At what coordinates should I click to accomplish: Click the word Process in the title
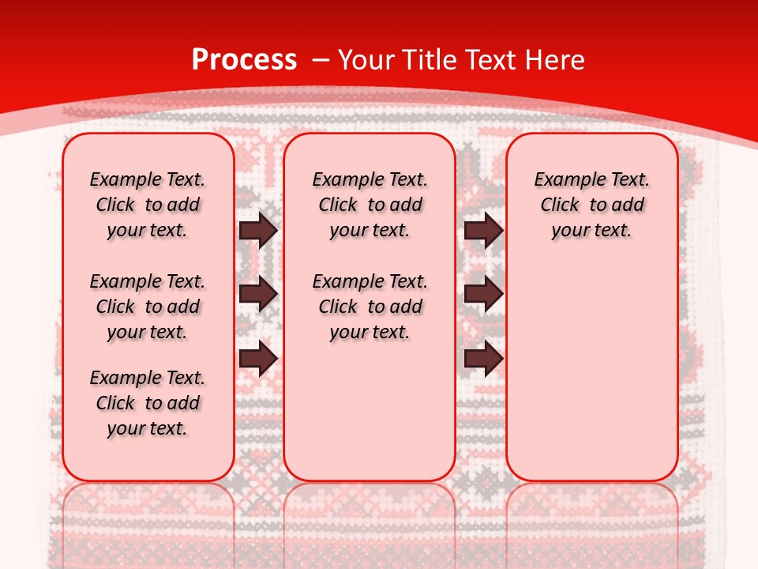point(244,60)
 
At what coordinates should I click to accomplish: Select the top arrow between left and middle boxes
point(258,230)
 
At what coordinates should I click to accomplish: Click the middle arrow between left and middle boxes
point(258,294)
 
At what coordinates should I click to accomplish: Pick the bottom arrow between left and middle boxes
point(258,359)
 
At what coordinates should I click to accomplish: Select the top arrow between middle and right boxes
point(483,230)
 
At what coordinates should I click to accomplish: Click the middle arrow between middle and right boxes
point(483,294)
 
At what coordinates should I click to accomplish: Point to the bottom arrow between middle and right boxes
point(483,359)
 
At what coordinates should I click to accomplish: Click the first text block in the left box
point(148,205)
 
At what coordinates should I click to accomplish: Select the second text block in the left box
point(148,307)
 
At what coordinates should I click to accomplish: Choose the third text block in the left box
point(148,403)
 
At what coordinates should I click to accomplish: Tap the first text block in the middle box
point(370,205)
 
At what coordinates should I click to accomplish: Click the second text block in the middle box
point(370,307)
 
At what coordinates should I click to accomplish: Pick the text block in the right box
point(592,205)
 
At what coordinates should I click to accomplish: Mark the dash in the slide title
point(320,60)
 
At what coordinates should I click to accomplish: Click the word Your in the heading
point(369,60)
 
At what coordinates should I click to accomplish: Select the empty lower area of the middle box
point(370,411)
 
